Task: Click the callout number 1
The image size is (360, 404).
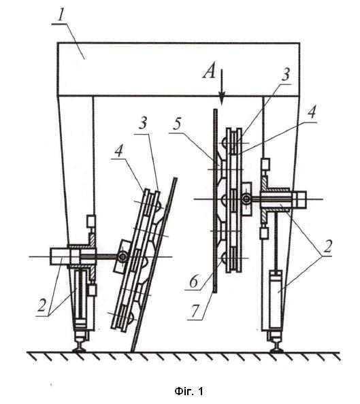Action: (61, 16)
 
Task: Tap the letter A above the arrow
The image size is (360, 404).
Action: (209, 71)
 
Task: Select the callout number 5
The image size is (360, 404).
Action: (177, 125)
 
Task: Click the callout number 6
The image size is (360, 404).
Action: (194, 281)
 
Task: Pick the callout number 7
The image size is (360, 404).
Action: (196, 311)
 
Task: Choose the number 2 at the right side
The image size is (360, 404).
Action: (327, 247)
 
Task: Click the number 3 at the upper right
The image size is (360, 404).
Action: (285, 75)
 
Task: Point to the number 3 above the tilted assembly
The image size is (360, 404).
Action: (143, 123)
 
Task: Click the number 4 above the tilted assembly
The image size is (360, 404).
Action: (118, 151)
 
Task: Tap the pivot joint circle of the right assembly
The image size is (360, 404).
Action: (247, 199)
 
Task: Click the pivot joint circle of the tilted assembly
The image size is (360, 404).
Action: (122, 256)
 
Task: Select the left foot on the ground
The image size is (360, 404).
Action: (80, 344)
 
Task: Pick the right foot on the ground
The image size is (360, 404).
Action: (276, 344)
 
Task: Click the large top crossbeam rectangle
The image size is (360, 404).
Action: (178, 69)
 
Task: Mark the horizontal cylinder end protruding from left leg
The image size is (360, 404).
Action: (60, 256)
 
